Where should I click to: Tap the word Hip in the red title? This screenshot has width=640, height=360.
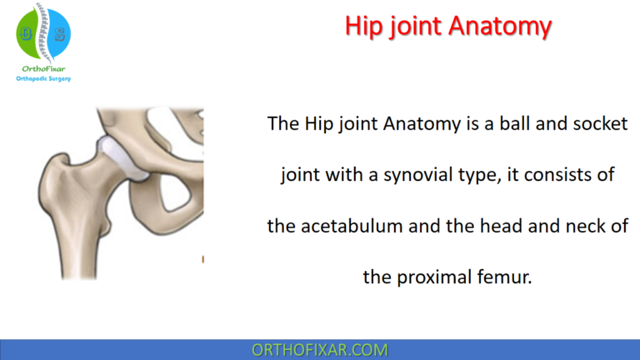tap(363, 27)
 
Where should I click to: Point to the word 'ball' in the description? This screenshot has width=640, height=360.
tap(508, 123)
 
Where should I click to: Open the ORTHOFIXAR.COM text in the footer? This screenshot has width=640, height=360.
tap(319, 349)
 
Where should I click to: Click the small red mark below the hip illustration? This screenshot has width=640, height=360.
tap(202, 261)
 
